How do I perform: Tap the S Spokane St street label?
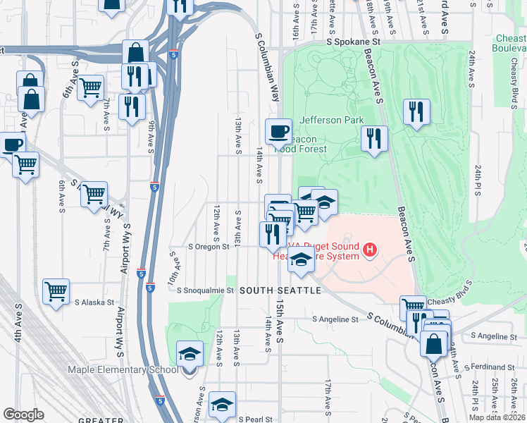(x=358, y=42)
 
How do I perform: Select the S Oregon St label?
(x=209, y=247)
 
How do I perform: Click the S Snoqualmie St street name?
(x=205, y=290)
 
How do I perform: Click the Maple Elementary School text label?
(x=123, y=370)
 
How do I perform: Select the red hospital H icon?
(x=368, y=249)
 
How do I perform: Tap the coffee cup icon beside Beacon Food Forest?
(x=278, y=131)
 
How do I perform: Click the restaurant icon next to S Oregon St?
(x=272, y=233)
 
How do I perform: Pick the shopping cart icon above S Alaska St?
(x=56, y=291)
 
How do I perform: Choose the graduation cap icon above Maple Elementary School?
(x=190, y=353)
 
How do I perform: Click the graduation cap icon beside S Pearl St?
(x=222, y=404)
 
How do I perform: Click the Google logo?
(x=23, y=415)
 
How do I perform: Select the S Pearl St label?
(x=255, y=419)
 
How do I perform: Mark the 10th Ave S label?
(x=173, y=271)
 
